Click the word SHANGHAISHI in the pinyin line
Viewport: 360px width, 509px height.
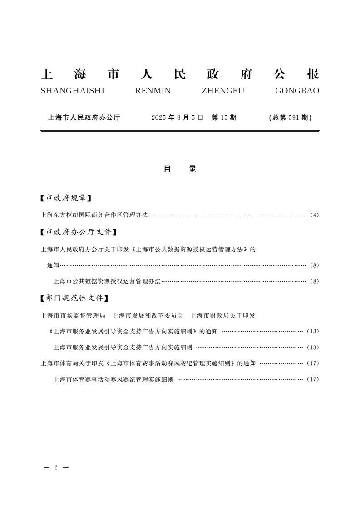72,91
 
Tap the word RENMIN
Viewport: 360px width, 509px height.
153,91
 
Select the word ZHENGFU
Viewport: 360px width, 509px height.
222,91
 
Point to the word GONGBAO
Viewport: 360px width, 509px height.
297,91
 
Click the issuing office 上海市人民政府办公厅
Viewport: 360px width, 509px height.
84,117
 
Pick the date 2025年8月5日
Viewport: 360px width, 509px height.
177,117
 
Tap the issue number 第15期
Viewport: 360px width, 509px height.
224,117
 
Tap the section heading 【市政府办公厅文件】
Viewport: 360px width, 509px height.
76,232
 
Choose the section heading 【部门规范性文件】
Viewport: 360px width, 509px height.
73,298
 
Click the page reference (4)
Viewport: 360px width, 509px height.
314,215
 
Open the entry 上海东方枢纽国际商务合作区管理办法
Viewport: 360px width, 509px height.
94,215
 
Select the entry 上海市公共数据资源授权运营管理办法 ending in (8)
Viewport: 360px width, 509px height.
107,281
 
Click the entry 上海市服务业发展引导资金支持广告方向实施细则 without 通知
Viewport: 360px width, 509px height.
123,347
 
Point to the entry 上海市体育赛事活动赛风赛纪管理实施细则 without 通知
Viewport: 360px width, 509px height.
113,379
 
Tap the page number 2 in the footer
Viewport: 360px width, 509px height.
55,467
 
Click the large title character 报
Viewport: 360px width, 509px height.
312,74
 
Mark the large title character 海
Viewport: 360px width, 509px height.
80,74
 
